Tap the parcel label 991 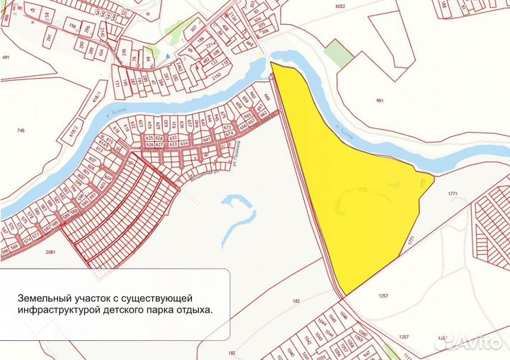pos(380,101)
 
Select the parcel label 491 pos(6,58)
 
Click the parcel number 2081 pos(51,252)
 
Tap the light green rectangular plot pos(338,53)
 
